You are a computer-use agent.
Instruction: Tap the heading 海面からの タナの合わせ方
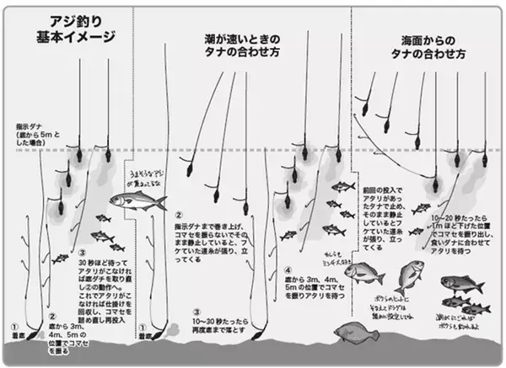click(x=433, y=47)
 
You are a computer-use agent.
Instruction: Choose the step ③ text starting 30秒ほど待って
click(x=105, y=281)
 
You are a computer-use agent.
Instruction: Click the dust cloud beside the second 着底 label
click(x=174, y=327)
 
